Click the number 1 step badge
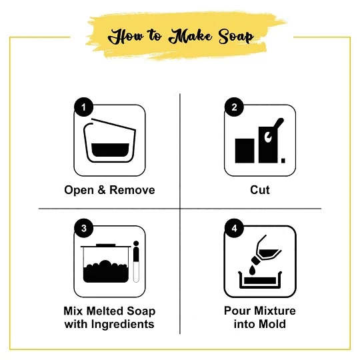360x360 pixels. [x=83, y=107]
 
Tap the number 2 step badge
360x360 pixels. [x=234, y=107]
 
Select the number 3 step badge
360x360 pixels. [x=83, y=228]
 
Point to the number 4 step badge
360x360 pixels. [x=234, y=228]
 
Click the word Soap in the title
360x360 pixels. [x=236, y=37]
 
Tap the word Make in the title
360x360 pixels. [x=191, y=36]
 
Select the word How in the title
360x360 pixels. [x=126, y=37]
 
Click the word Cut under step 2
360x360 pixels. [x=260, y=190]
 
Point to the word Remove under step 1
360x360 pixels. [x=132, y=190]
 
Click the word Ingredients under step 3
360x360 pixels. [x=123, y=325]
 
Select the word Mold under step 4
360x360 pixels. [x=273, y=324]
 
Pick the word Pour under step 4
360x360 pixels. [x=235, y=311]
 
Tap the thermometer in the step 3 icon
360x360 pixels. [x=136, y=261]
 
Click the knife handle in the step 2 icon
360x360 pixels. [x=278, y=125]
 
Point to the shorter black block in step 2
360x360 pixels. [x=245, y=151]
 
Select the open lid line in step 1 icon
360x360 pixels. [x=113, y=124]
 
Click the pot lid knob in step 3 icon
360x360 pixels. [x=106, y=245]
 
